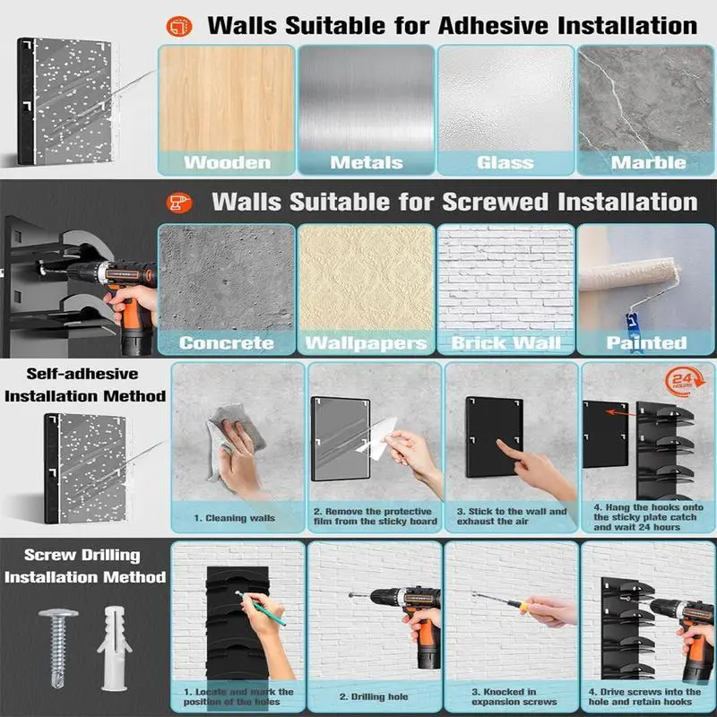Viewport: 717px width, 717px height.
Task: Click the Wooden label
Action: [228, 163]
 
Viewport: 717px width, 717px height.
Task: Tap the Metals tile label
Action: [367, 163]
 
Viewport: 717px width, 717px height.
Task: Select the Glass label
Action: [505, 163]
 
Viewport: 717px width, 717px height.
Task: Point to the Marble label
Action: [648, 163]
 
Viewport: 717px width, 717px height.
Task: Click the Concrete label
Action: [227, 343]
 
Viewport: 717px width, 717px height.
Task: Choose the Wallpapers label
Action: [367, 343]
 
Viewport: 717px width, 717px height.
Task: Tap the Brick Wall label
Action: [505, 343]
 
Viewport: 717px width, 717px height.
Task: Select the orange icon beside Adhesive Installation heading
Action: [178, 27]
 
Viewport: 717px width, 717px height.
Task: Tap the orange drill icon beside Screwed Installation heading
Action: [178, 203]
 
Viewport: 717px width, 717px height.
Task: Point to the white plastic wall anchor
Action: [114, 648]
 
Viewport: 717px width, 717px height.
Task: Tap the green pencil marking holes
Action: [260, 609]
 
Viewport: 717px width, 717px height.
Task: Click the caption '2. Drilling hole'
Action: [374, 697]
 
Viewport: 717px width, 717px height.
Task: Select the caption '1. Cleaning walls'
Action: [235, 518]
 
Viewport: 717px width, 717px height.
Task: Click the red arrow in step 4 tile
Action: [621, 413]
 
